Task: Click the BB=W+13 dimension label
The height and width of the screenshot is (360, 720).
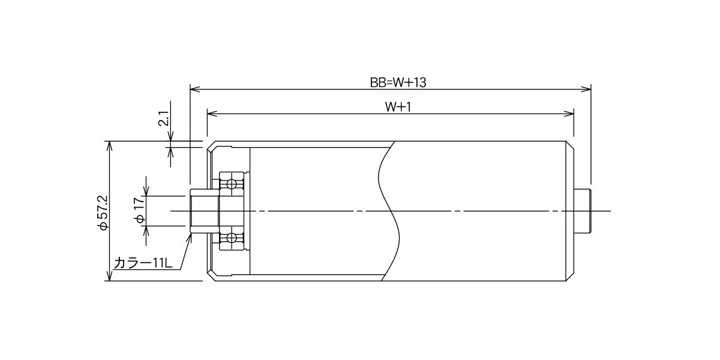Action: coord(398,83)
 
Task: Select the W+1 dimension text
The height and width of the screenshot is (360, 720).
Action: coord(398,107)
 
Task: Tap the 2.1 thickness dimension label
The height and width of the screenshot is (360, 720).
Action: coord(164,118)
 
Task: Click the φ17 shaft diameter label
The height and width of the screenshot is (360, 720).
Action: coord(140,210)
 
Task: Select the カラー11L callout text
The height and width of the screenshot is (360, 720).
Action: coord(143,263)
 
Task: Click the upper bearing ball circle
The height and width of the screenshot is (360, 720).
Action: coord(231,184)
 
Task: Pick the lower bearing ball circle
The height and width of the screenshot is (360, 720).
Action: coord(231,238)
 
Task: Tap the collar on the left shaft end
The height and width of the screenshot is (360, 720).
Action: coord(205,211)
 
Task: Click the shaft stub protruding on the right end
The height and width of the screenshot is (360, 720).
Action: coord(583,211)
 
